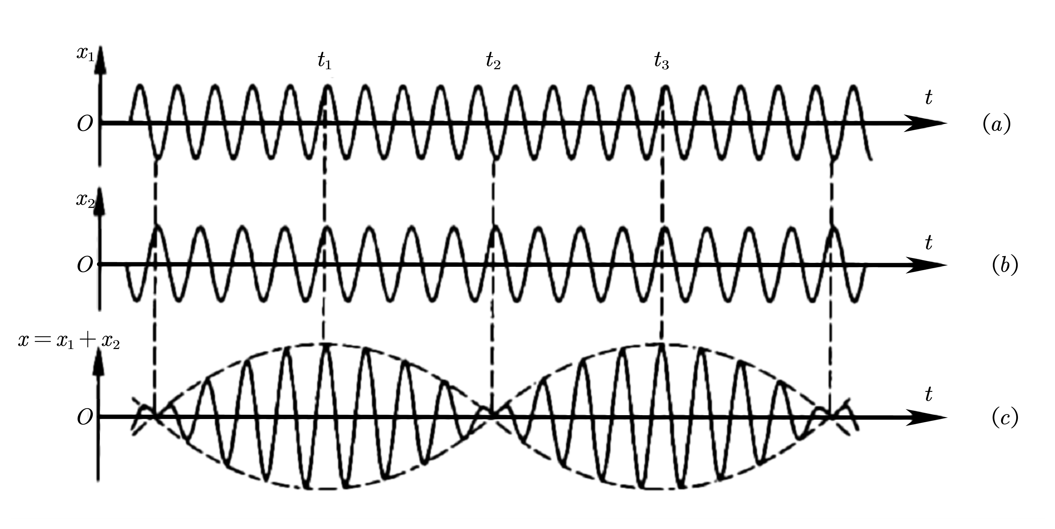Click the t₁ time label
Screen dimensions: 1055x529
324,61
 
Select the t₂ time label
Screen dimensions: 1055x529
493,61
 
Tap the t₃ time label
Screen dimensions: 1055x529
661,61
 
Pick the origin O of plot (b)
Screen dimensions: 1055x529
85,266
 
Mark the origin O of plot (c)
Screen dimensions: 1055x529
85,418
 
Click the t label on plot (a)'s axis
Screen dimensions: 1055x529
928,98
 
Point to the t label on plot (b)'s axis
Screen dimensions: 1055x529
928,243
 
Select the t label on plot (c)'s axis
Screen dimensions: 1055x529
928,395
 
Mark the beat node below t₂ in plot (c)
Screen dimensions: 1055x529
493,416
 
